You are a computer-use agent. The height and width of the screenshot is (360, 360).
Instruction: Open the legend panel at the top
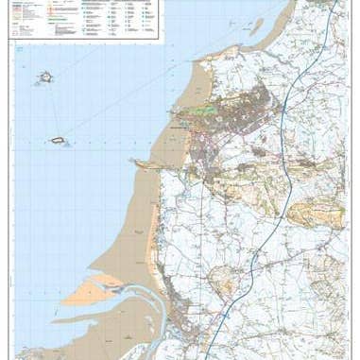point(85,19)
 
